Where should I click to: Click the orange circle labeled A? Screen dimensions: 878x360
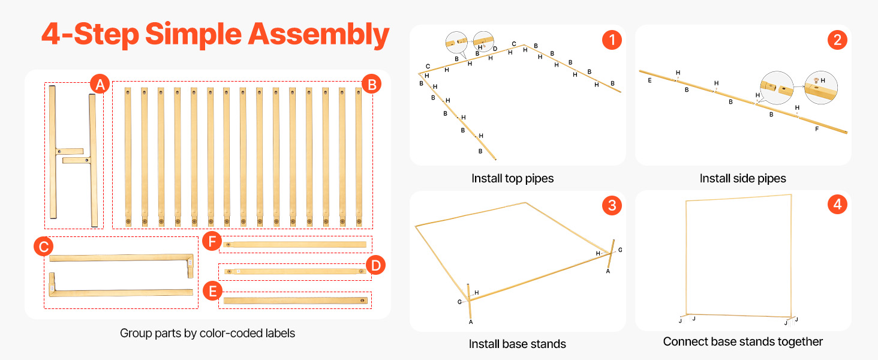tap(100, 84)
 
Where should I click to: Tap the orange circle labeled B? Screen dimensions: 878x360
tap(372, 84)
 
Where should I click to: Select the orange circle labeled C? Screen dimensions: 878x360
tap(43, 246)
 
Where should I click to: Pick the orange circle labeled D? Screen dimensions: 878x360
tap(375, 265)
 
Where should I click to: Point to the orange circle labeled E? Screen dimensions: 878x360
tap(212, 291)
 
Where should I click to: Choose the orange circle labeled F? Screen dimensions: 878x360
tap(212, 241)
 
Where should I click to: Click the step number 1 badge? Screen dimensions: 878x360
tap(612, 40)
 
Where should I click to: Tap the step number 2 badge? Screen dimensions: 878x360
tap(837, 40)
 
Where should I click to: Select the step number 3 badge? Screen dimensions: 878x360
tap(612, 205)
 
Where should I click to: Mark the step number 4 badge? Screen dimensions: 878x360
tap(837, 205)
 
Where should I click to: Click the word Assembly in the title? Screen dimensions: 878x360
tap(318, 35)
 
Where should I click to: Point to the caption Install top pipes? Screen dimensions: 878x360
tap(512, 178)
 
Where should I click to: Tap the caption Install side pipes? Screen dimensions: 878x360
tap(743, 178)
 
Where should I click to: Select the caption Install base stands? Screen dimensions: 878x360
tap(518, 344)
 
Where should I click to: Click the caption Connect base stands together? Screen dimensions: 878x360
tap(743, 341)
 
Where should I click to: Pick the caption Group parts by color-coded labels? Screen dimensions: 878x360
tap(208, 334)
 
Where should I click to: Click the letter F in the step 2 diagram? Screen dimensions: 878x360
tap(817, 128)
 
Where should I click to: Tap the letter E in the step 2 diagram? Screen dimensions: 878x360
tap(650, 80)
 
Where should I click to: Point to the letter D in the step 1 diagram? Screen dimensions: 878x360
tap(495, 49)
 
